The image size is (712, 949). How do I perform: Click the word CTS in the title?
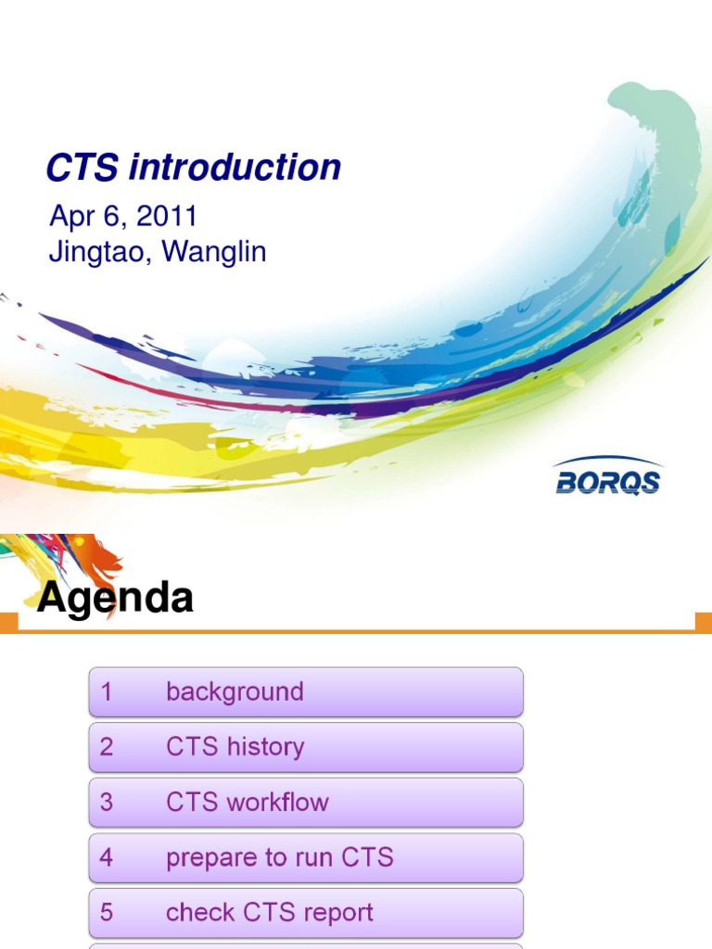coord(83,168)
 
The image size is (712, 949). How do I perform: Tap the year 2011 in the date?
coord(167,217)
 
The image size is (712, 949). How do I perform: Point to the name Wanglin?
coord(214,252)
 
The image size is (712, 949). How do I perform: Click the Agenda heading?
coord(115,599)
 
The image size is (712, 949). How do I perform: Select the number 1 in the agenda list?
coord(107,692)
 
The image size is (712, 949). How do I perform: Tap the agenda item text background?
coord(235,692)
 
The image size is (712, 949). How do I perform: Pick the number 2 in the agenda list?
coord(107,747)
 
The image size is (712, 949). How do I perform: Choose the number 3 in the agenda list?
coord(107,803)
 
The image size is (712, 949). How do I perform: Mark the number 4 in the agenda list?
coord(107,858)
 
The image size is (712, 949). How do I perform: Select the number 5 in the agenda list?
coord(107,913)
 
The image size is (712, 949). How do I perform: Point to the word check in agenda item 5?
coord(196,913)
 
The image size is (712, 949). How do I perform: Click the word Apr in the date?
coord(70,217)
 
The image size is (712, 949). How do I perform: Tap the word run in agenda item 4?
coord(304,858)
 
